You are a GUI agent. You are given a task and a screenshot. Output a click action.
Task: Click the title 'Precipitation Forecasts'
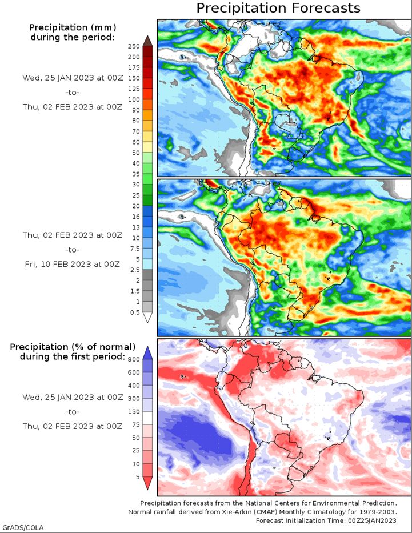278,8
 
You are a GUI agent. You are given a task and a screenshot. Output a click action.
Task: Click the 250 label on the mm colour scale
134,46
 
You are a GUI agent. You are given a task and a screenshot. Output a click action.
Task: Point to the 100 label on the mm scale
134,99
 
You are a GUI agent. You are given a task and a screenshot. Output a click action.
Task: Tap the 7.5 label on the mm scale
135,249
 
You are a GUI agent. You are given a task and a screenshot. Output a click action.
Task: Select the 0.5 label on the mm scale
135,312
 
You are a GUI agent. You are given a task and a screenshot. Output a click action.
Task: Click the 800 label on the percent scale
134,360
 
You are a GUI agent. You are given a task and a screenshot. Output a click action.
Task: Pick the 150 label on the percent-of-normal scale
134,412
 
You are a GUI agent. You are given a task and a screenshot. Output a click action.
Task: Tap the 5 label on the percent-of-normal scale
138,477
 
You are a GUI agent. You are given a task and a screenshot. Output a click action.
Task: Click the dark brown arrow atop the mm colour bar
147,41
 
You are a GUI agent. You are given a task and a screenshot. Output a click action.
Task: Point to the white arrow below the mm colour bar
147,318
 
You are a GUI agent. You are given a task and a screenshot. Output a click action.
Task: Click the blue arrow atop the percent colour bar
147,353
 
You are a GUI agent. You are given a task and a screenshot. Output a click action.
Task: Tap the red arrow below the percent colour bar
147,483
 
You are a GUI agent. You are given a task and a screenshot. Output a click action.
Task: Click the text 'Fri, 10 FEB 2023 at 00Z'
73,264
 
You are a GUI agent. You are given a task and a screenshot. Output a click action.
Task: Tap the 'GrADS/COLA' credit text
22,527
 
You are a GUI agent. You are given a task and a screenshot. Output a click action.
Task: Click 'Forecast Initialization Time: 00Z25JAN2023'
326,520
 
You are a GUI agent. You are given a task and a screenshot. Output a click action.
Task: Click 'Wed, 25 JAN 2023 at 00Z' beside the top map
73,78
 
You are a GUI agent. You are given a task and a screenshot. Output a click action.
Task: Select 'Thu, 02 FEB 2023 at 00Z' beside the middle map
73,235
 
